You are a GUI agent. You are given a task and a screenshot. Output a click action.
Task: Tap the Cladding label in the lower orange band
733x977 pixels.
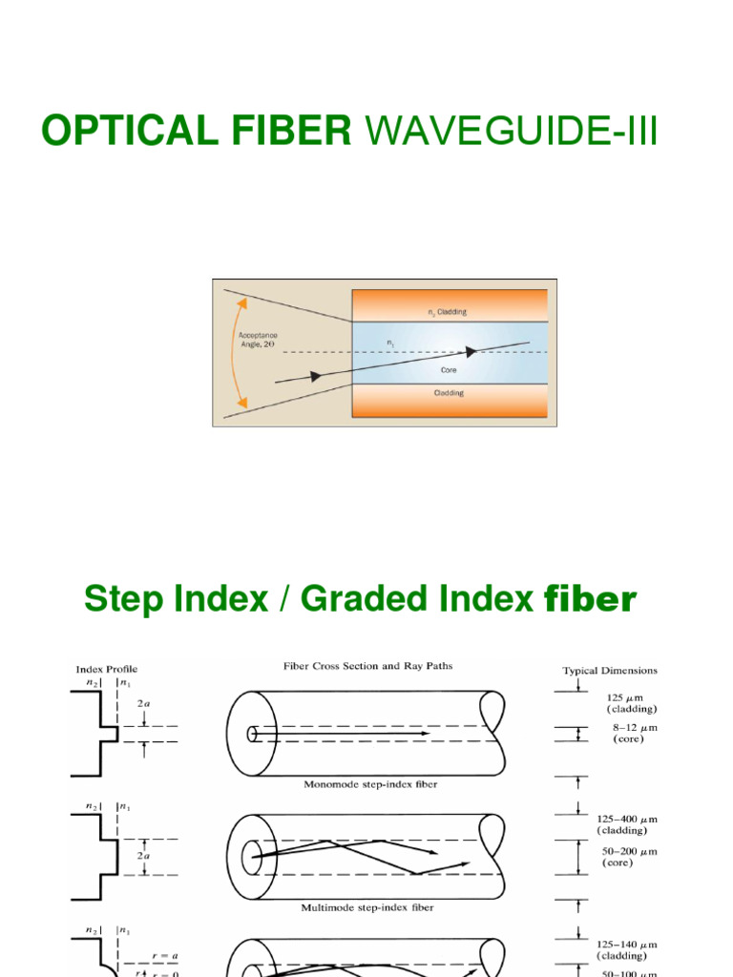[448, 393]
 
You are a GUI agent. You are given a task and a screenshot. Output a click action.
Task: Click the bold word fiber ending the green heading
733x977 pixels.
[589, 599]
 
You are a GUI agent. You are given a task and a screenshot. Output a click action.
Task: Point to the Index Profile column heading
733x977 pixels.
[107, 669]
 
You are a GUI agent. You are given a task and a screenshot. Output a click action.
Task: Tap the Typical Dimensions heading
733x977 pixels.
[609, 671]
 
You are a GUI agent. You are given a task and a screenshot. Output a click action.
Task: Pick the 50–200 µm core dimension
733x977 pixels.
[627, 857]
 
